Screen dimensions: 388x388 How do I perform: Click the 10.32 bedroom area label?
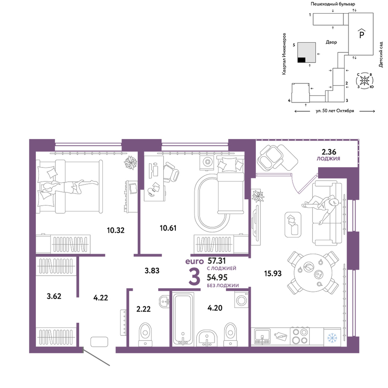point(116,230)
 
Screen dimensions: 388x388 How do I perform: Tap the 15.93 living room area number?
point(273,274)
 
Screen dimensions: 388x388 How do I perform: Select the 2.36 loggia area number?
point(329,151)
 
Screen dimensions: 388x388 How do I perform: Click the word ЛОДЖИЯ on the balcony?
point(328,159)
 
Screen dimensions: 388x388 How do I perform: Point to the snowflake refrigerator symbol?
point(333,338)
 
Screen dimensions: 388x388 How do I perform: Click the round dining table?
point(313,273)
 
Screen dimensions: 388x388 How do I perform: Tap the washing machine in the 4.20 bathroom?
point(241,300)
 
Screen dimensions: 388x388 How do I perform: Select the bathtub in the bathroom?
point(183,318)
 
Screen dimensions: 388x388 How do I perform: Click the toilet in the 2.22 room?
point(145,334)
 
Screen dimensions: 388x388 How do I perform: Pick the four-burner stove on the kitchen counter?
point(299,336)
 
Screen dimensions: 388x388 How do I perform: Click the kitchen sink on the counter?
point(262,336)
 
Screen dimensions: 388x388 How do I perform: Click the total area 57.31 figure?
point(217,261)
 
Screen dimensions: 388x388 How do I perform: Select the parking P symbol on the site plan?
point(362,33)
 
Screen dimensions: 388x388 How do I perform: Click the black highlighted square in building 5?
point(301,60)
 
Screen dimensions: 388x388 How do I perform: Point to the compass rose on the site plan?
point(364,80)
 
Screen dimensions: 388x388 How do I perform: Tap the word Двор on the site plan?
point(331,42)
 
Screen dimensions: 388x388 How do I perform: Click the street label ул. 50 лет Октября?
point(335,111)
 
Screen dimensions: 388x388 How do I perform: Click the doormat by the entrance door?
point(99,342)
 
